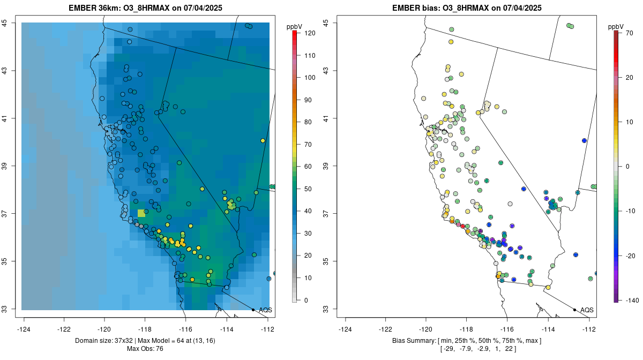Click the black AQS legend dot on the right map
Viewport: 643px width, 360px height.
click(x=574, y=310)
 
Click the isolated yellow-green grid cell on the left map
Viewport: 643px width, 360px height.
click(x=141, y=213)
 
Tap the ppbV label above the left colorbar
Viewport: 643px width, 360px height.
click(x=295, y=26)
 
